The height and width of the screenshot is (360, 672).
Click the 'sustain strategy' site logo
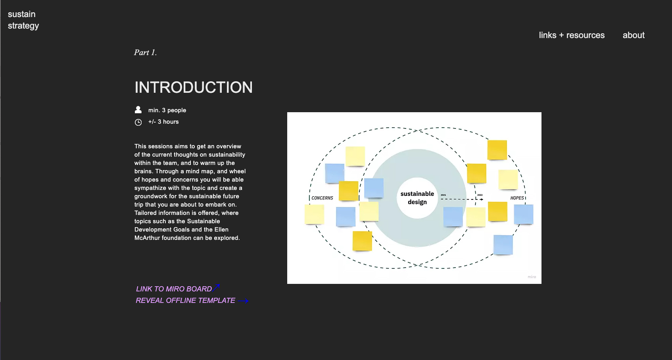click(23, 20)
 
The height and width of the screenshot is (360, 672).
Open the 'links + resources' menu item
click(571, 35)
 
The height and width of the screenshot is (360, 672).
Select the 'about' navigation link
click(633, 35)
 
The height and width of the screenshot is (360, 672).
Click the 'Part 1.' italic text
click(145, 52)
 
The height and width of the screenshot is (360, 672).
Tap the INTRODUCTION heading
click(193, 87)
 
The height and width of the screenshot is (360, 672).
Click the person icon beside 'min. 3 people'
click(138, 110)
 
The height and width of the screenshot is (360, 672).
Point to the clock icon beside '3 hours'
click(138, 122)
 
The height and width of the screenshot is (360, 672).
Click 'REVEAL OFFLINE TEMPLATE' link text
click(185, 301)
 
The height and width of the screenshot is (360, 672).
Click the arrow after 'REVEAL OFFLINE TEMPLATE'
click(243, 301)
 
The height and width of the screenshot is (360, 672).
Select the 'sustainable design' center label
click(417, 198)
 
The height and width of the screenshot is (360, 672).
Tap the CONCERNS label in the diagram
click(322, 198)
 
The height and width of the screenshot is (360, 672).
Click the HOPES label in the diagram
click(516, 198)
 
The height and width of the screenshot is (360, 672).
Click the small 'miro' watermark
click(532, 277)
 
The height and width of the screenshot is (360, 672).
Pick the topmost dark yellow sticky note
click(497, 150)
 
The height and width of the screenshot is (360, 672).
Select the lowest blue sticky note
click(503, 245)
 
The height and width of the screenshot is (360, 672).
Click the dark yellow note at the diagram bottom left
click(362, 241)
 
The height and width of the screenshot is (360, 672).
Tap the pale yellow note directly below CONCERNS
click(314, 214)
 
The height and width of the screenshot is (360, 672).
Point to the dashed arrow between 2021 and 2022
click(460, 199)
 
